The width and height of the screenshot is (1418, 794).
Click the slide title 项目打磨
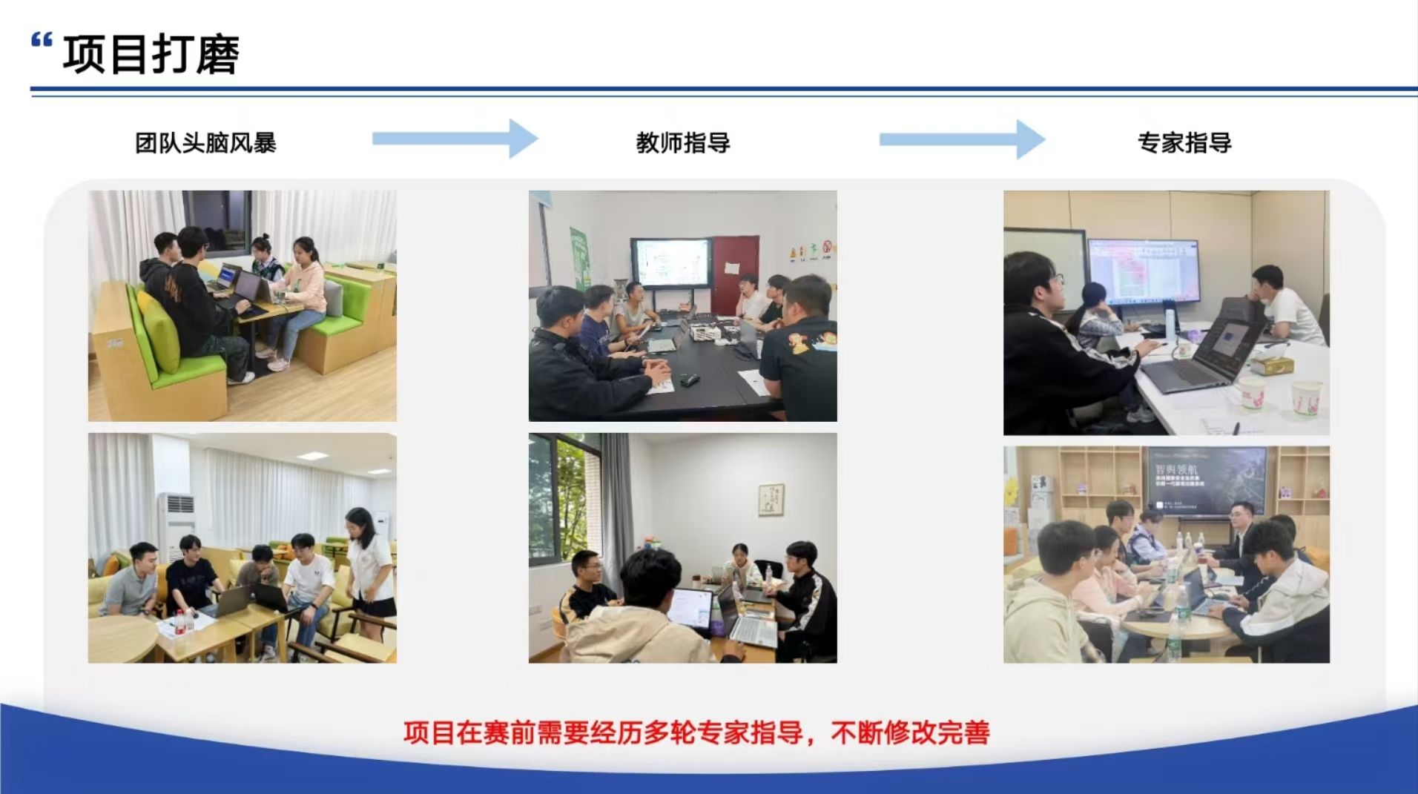pos(151,55)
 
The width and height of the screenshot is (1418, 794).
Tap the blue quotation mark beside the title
pos(42,40)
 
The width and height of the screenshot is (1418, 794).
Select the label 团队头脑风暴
pos(205,142)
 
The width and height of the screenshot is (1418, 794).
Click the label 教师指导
pos(683,142)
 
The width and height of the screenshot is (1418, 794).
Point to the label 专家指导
pos(1184,142)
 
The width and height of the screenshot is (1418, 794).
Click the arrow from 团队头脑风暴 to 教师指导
pos(455,139)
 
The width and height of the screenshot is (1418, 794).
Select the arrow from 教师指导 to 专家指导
pos(962,139)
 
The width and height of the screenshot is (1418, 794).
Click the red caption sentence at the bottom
pos(696,732)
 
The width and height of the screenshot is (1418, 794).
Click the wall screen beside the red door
pos(670,262)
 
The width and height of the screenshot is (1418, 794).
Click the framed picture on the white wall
pos(771,499)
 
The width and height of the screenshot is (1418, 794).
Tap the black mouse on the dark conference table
pos(689,381)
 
